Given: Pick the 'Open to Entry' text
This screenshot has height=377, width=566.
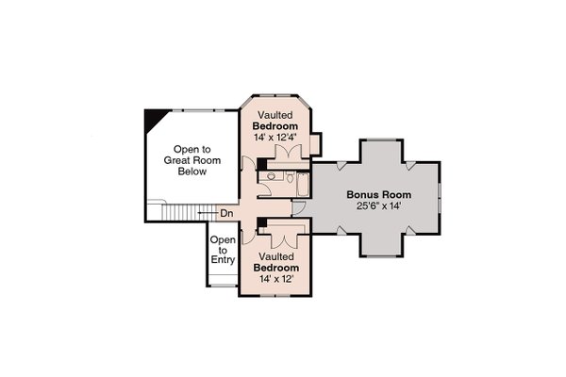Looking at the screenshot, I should click(223, 251).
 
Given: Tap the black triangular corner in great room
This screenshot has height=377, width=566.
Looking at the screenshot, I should click(152, 119).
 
